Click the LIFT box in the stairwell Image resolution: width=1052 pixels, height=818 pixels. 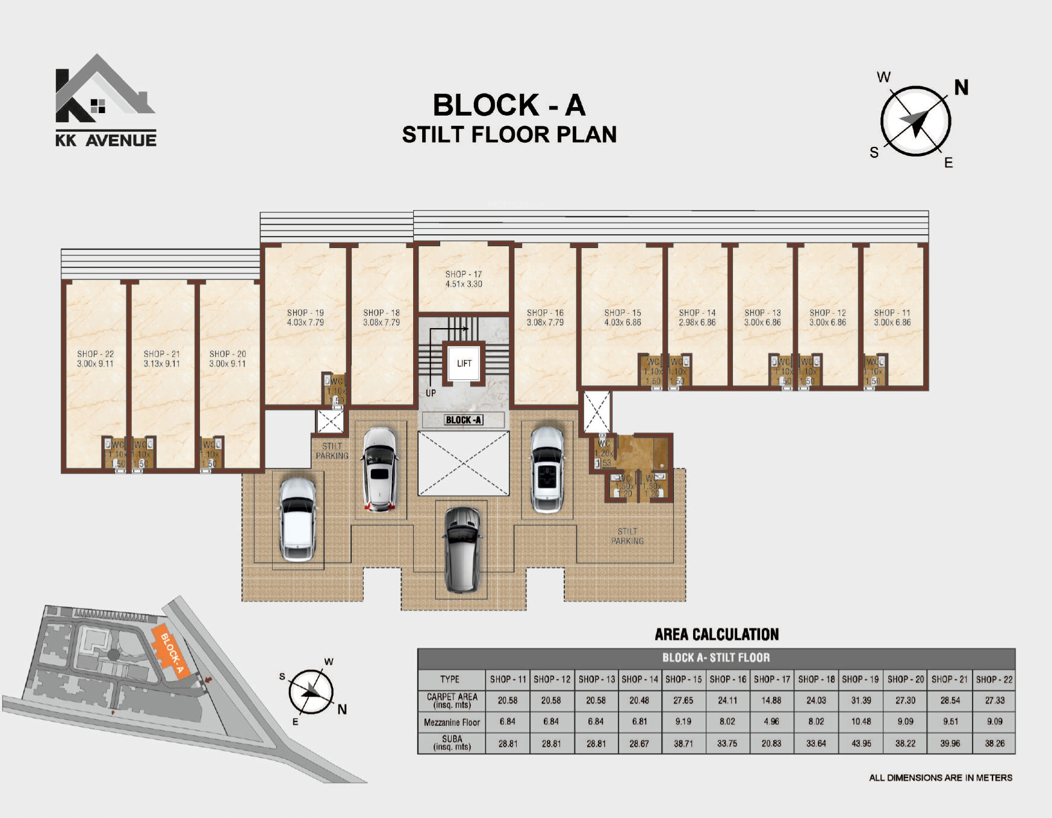click(464, 363)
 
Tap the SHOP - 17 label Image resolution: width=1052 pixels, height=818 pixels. click(464, 274)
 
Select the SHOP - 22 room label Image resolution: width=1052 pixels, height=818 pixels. click(95, 355)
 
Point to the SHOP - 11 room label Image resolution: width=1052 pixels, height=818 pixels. click(892, 313)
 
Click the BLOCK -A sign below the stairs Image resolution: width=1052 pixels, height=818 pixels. click(464, 420)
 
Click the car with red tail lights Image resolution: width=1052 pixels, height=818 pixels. click(380, 469)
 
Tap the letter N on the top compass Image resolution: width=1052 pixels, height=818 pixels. click(961, 88)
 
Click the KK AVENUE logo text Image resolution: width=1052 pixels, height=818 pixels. click(106, 141)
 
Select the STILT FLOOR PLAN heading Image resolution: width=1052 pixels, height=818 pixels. click(509, 135)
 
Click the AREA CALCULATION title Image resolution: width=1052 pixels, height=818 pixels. click(717, 634)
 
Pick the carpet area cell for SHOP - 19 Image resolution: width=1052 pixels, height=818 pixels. click(861, 701)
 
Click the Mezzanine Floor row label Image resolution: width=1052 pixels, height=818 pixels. click(452, 722)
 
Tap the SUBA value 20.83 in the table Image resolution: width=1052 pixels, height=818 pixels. click(771, 743)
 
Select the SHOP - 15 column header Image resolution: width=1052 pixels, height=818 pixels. click(683, 679)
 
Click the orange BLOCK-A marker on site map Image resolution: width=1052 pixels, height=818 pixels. click(171, 652)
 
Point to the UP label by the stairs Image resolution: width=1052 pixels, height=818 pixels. click(431, 393)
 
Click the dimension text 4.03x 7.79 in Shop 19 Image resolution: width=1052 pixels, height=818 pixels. click(305, 323)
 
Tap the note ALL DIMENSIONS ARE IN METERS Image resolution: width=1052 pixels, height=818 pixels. click(941, 778)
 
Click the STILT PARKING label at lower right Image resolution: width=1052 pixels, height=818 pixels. click(627, 536)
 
